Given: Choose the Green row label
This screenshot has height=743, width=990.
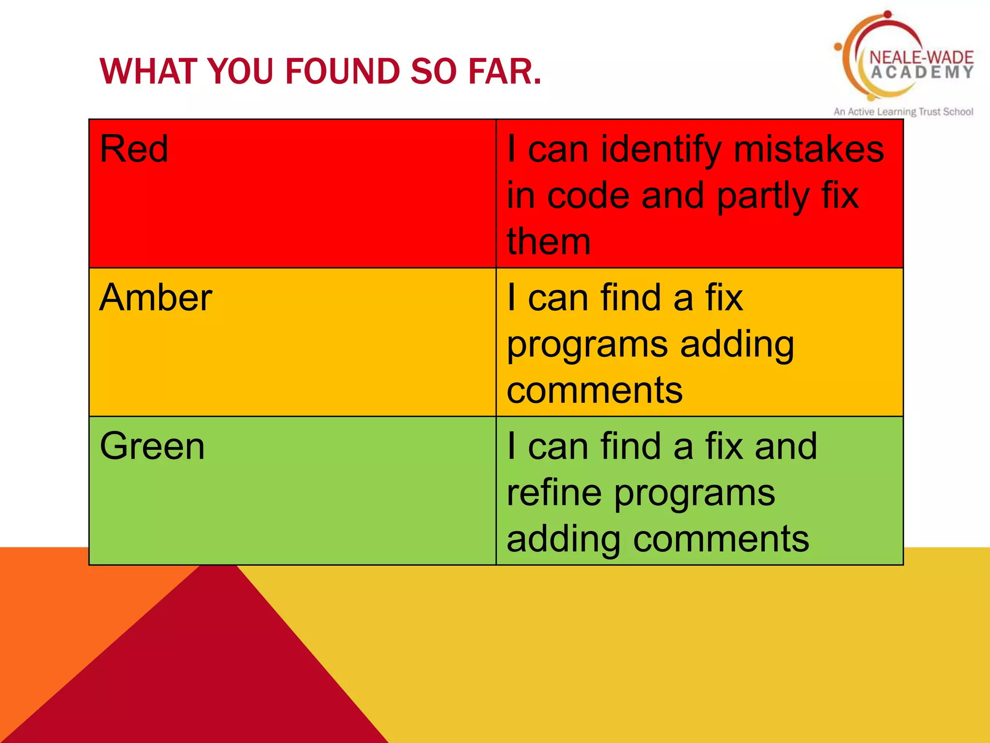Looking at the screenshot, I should coord(152,446).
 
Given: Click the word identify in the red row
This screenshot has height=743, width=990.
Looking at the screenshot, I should coord(660,150).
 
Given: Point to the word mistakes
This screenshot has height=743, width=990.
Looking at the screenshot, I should coord(809,149).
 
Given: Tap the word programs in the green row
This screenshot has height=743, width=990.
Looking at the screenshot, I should coord(695,494).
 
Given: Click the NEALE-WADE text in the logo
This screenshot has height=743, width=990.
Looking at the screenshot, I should coord(921,57).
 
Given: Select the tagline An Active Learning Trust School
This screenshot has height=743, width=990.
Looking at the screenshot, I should coord(903,112).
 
